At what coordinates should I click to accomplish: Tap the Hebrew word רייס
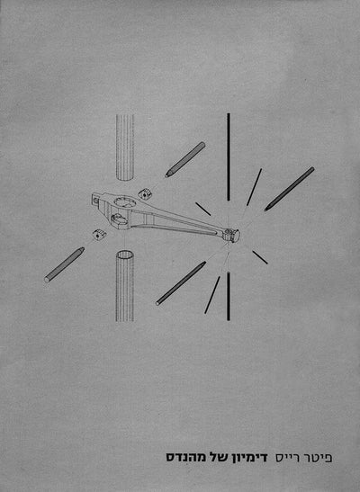click(287, 458)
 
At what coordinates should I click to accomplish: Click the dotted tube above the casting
click(125, 148)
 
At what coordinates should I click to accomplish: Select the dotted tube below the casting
click(125, 285)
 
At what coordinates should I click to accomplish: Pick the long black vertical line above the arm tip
click(229, 157)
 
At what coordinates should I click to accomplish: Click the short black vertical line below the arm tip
click(229, 296)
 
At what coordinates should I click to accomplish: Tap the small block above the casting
click(145, 193)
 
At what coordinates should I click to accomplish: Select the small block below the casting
click(99, 234)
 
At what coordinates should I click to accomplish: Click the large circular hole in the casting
click(125, 201)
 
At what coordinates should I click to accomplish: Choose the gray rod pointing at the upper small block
click(185, 159)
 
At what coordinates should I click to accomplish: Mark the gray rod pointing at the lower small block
click(64, 264)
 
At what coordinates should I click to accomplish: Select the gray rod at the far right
click(289, 189)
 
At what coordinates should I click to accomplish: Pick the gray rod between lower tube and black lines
click(181, 283)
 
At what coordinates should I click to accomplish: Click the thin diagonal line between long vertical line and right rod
click(254, 187)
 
